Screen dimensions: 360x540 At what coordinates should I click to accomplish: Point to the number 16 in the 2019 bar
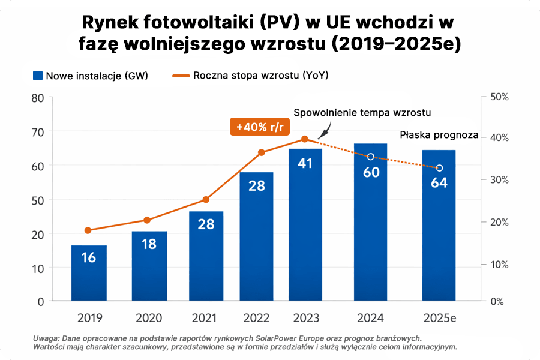(89, 257)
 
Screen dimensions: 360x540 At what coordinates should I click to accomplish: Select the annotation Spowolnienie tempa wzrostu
(362, 113)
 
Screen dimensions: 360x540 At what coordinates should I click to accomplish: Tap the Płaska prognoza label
(439, 135)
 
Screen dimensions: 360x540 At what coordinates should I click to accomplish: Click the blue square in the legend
(38, 76)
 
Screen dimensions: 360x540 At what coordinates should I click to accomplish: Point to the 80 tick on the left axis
(37, 97)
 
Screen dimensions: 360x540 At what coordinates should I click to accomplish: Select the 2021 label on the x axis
(204, 317)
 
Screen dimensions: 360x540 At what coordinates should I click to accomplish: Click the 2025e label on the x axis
(439, 317)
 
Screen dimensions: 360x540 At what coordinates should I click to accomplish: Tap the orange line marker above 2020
(148, 220)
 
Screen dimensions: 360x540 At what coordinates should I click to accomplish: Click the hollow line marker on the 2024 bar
(370, 157)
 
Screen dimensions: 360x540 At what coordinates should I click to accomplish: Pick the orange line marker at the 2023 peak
(305, 139)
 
